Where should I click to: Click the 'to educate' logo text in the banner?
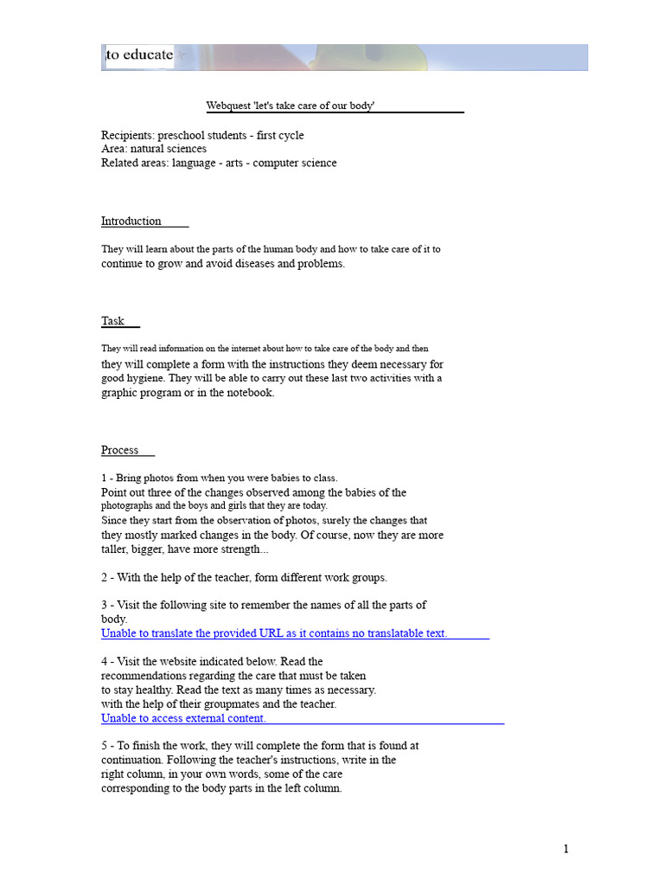click(x=139, y=55)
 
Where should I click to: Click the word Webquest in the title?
click(x=227, y=106)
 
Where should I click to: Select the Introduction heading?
click(x=131, y=221)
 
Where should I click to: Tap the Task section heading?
click(x=112, y=321)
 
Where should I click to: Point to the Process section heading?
click(x=119, y=450)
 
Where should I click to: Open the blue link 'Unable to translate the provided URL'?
click(x=274, y=633)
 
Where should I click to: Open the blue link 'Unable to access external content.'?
click(x=183, y=718)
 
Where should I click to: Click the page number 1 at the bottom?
click(x=566, y=849)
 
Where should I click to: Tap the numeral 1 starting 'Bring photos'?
click(x=104, y=478)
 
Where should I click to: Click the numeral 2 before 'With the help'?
click(x=105, y=577)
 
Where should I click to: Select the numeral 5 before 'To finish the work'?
click(x=105, y=745)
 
